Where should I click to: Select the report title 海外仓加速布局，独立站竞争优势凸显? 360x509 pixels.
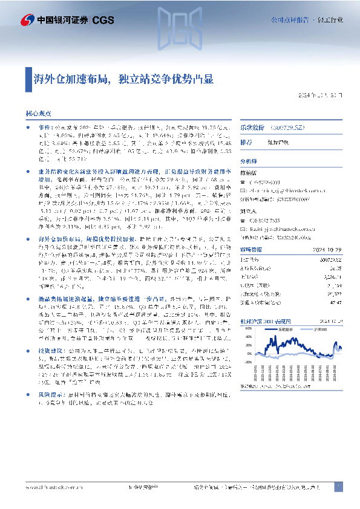coord(123,79)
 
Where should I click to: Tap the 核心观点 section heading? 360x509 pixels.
coord(38,113)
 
